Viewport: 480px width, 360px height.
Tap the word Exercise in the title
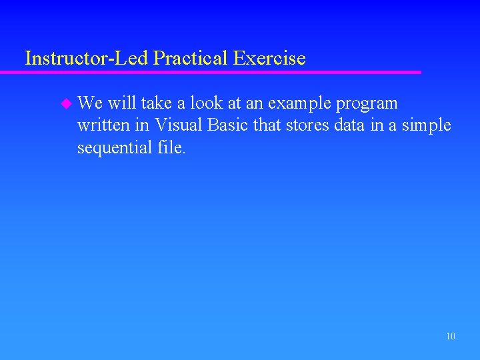pyautogui.click(x=269, y=59)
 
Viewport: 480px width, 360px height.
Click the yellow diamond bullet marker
pyautogui.click(x=65, y=104)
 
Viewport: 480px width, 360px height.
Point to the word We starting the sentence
pyautogui.click(x=89, y=104)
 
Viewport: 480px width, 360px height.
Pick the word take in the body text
pyautogui.click(x=157, y=104)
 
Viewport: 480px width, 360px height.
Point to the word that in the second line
pyautogui.click(x=268, y=125)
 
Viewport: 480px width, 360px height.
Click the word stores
pyautogui.click(x=307, y=125)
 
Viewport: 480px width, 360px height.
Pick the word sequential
pyautogui.click(x=114, y=148)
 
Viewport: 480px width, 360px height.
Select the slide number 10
pyautogui.click(x=451, y=337)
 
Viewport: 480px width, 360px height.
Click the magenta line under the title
pyautogui.click(x=220, y=72)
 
